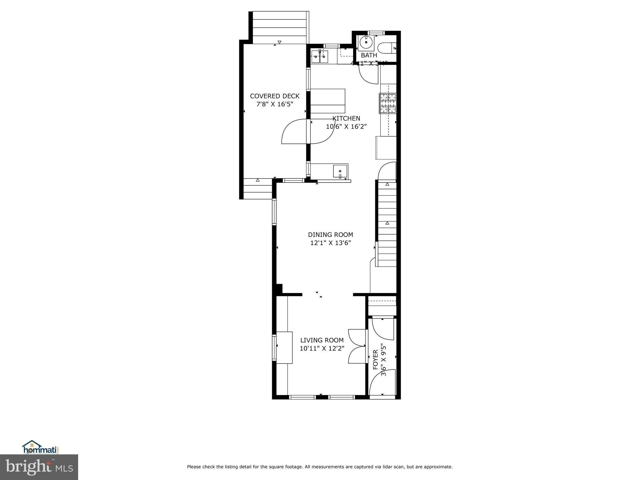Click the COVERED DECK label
[275, 96]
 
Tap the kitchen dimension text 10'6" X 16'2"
[346, 127]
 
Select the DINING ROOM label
[330, 235]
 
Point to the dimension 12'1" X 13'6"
[330, 243]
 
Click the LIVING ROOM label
[322, 340]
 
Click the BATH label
[369, 55]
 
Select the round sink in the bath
[366, 42]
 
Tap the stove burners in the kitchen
[388, 103]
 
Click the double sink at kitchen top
[319, 57]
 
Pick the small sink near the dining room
[340, 171]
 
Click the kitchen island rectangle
[327, 101]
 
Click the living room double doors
[357, 346]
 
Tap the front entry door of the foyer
[382, 383]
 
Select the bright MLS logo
[39, 467]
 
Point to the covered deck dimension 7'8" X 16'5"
[275, 104]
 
